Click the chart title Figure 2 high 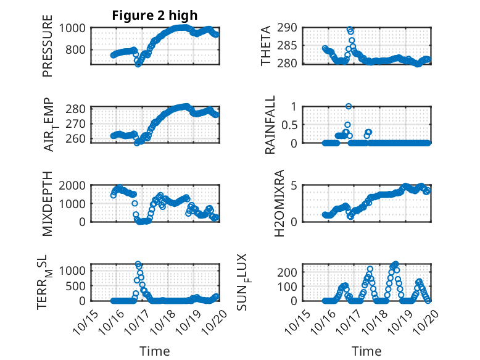(x=154, y=15)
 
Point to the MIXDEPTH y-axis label (x=48, y=204)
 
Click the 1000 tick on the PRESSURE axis (x=74, y=28)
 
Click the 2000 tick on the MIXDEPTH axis (x=74, y=185)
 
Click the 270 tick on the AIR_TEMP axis (x=77, y=123)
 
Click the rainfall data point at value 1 (x=349, y=106)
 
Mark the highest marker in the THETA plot (x=350, y=29)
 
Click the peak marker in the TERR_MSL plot (x=138, y=264)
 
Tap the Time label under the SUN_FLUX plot (x=366, y=351)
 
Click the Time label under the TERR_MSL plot (x=155, y=351)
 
